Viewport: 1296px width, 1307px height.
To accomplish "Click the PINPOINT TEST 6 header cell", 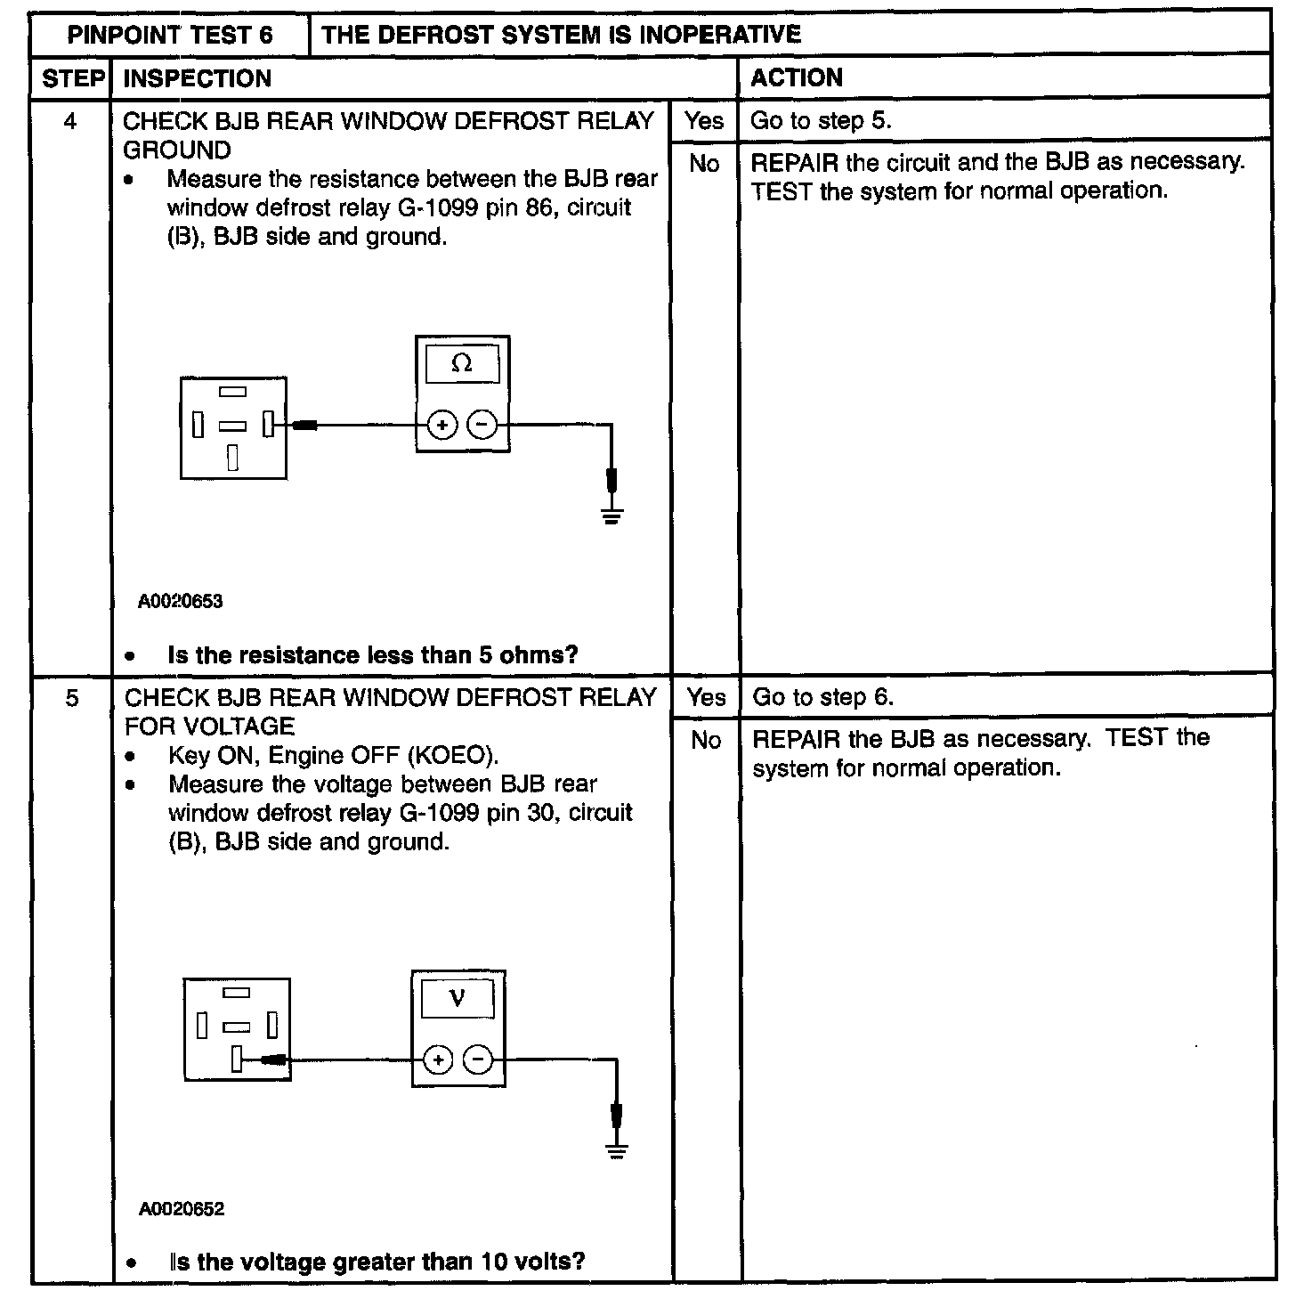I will (170, 35).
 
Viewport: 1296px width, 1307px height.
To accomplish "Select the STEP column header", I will (73, 78).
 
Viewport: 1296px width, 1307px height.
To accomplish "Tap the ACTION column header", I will (796, 77).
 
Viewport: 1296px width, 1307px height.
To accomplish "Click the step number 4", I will (70, 121).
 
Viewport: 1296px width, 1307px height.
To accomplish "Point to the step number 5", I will (71, 698).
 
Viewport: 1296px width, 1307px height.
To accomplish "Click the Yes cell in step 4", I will (704, 120).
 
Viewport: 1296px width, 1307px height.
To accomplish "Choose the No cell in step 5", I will (706, 740).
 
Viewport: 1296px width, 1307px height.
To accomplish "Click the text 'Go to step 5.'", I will (820, 120).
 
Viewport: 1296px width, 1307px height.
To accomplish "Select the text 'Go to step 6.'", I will (822, 697).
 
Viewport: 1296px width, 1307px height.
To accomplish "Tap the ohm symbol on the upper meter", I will (462, 363).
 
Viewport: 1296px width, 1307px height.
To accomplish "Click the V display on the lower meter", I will (458, 997).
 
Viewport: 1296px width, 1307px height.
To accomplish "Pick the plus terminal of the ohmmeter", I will (442, 426).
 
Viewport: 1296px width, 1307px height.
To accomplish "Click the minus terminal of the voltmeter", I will (479, 1059).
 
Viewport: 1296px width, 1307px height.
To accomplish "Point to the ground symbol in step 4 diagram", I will (611, 514).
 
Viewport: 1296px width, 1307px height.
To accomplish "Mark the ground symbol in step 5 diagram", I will (616, 1149).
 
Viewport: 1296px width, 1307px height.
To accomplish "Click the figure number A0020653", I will (180, 601).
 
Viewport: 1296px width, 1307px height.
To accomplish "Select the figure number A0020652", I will (182, 1209).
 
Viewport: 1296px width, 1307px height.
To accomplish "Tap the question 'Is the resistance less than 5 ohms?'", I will (372, 655).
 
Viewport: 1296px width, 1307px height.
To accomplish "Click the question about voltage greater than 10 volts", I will (377, 1262).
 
